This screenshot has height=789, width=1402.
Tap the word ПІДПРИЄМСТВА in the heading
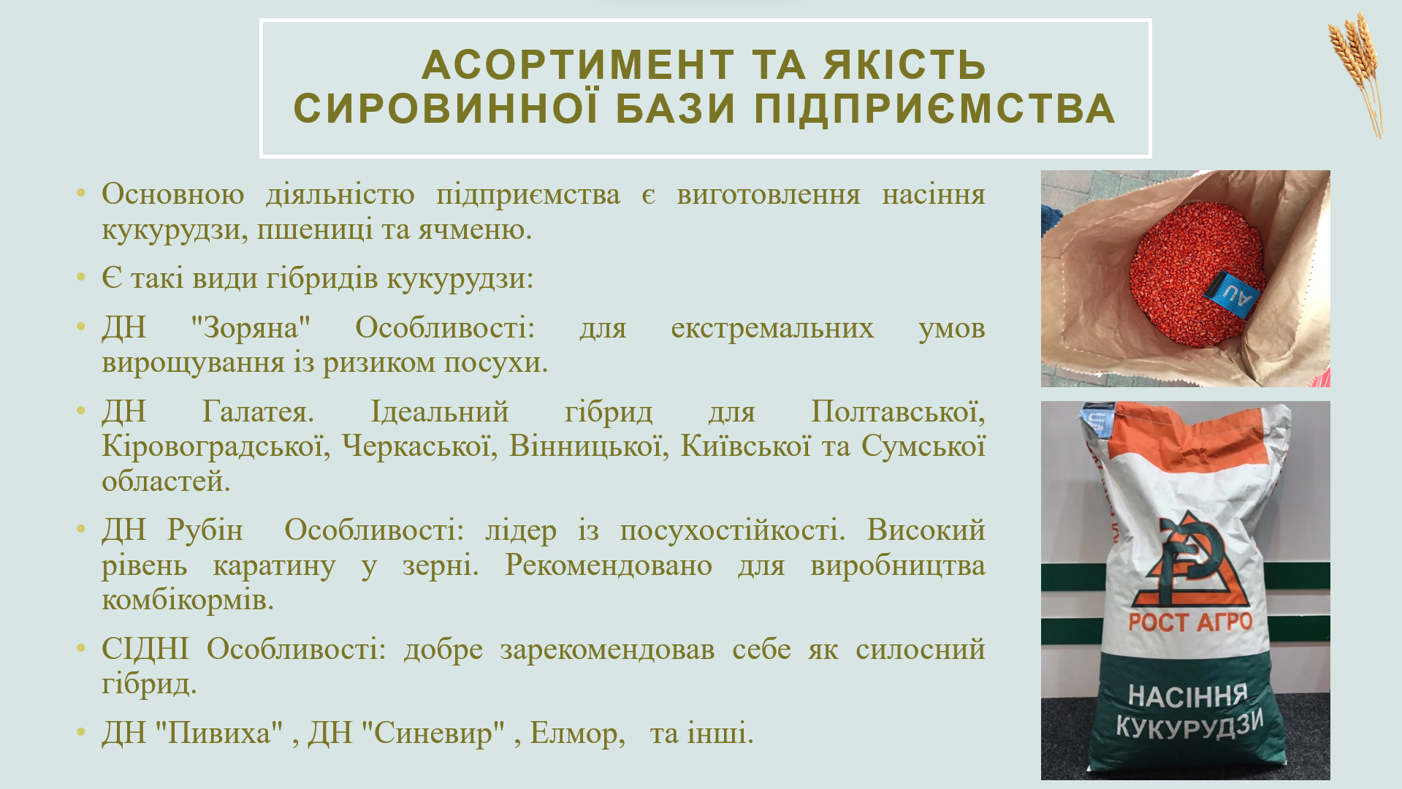tap(934, 108)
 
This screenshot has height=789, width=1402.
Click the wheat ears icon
tap(1357, 74)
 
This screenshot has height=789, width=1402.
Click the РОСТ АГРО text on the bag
tap(1190, 622)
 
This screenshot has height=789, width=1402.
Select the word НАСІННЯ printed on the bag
tap(1188, 695)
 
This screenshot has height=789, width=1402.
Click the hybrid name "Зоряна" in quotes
tap(250, 328)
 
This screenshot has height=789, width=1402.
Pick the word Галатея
tap(258, 412)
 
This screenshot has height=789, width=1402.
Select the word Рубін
tap(205, 530)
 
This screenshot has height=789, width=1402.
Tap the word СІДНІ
tap(145, 649)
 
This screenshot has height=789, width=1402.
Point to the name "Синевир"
tap(433, 733)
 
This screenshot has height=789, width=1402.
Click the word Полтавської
tap(898, 412)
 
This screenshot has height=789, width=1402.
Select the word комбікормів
tap(188, 600)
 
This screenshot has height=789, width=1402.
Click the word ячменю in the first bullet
tap(475, 230)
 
